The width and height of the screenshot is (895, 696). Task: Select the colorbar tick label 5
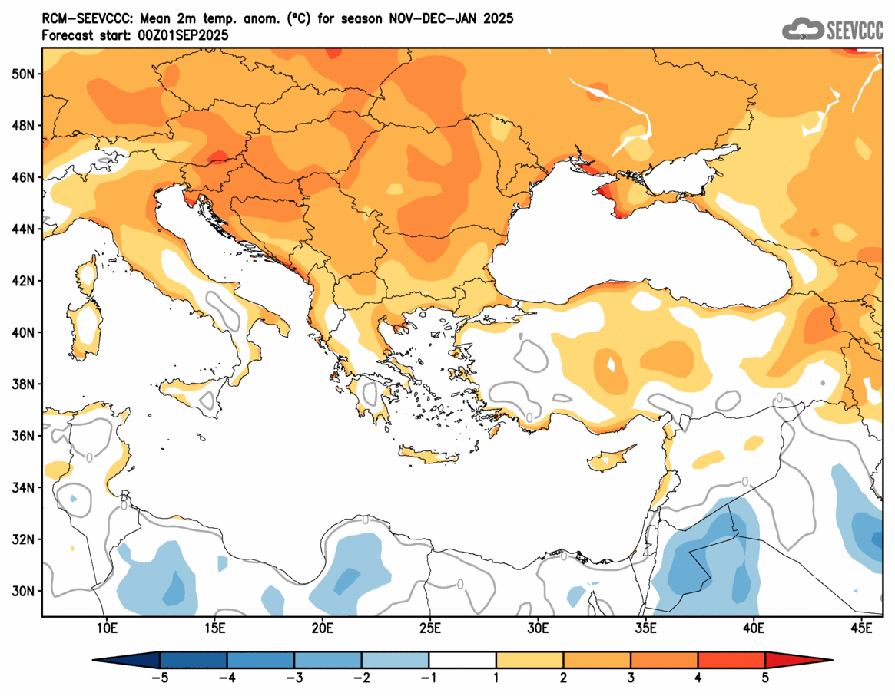[765, 678]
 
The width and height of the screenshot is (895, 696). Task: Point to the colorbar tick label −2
[361, 678]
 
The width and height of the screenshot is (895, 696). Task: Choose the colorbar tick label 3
[631, 678]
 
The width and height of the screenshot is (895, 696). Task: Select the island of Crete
[429, 457]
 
